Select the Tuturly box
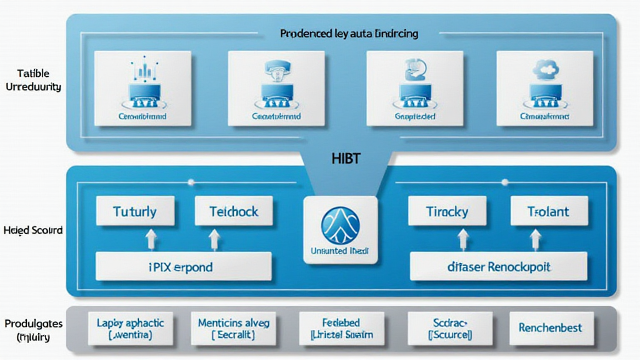tap(134, 211)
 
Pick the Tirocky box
tap(447, 211)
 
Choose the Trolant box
tap(549, 211)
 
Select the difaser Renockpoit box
tap(499, 267)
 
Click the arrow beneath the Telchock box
tap(214, 239)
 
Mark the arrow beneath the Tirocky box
tap(464, 239)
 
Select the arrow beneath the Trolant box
tap(536, 239)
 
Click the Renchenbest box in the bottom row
tap(550, 327)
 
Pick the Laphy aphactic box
tap(130, 328)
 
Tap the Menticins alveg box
tap(233, 328)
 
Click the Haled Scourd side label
tap(32, 231)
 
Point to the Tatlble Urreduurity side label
tap(33, 81)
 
